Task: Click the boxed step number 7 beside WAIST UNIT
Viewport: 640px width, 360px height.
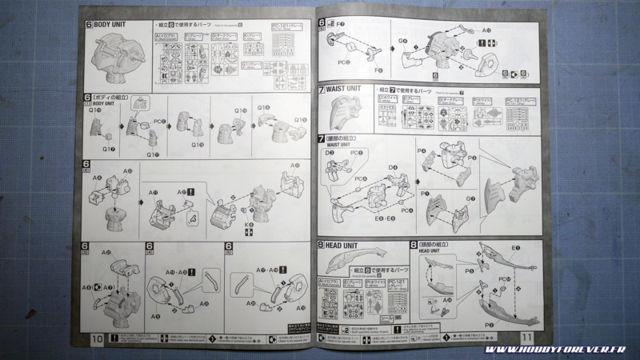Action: (322, 89)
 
